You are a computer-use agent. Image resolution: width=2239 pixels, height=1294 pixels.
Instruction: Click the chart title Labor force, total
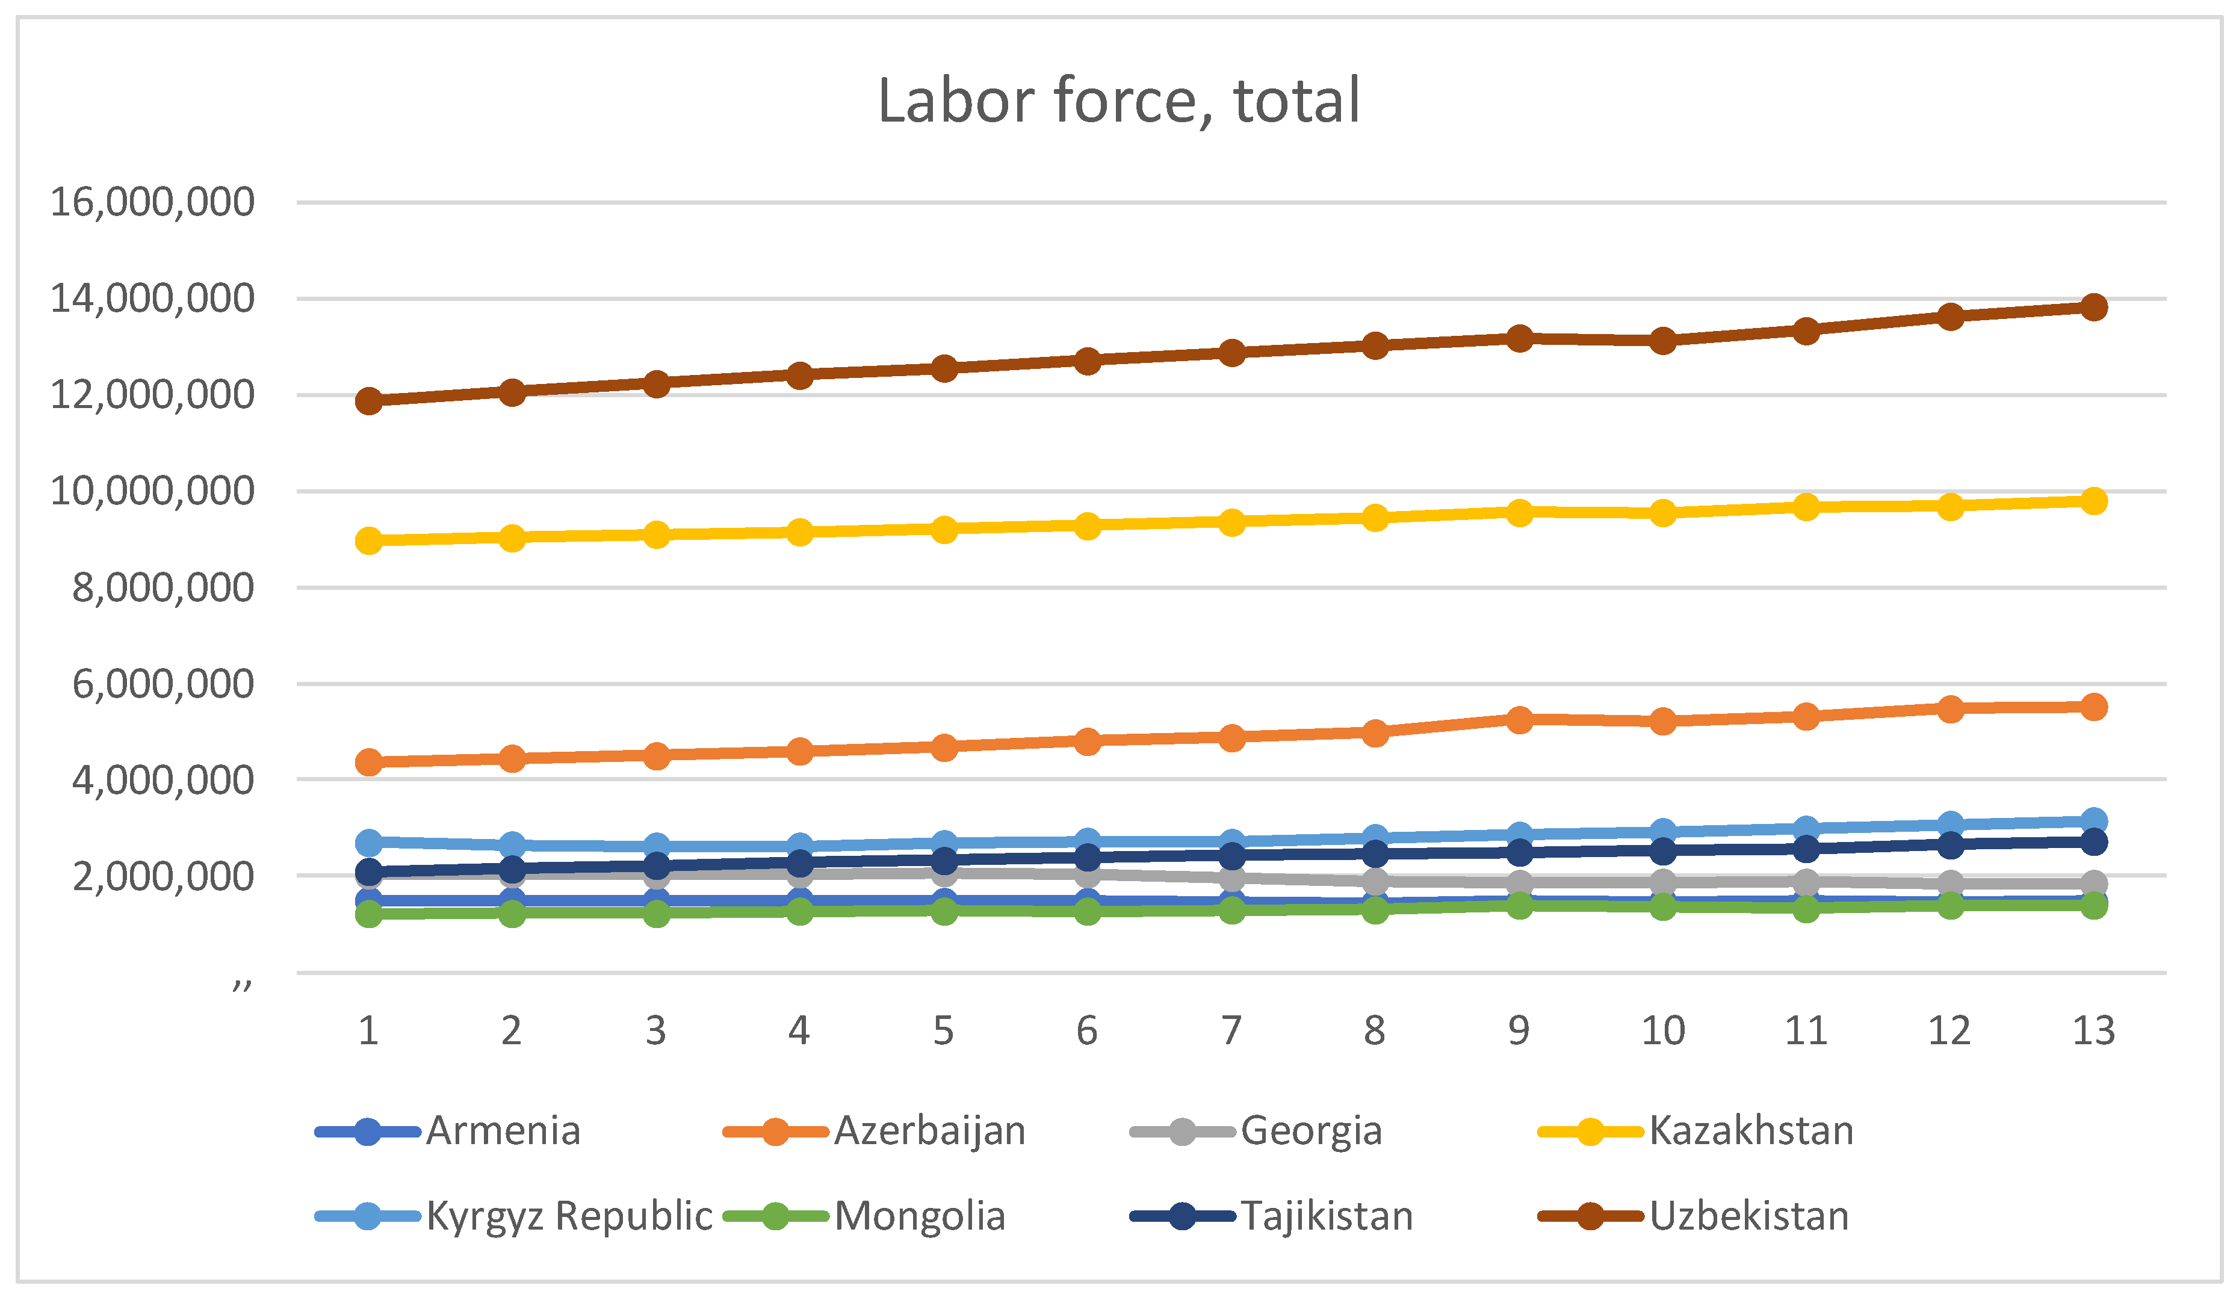(x=1119, y=101)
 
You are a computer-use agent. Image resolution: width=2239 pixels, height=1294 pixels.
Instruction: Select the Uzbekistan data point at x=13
(x=2093, y=308)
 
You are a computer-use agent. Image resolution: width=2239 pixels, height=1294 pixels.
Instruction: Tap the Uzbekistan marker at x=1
(x=369, y=401)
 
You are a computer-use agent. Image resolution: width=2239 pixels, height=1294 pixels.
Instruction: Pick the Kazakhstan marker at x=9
(x=1519, y=513)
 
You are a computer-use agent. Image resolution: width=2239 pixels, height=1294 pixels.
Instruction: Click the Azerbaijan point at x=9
(x=1519, y=719)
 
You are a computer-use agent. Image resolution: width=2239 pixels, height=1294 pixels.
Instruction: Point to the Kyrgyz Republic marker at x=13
(x=2093, y=821)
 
